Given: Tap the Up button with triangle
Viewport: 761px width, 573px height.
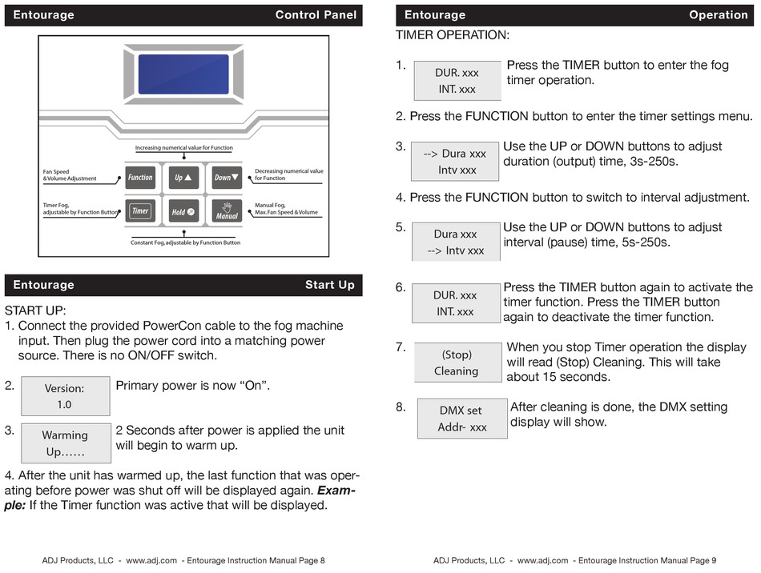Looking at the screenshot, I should click(183, 178).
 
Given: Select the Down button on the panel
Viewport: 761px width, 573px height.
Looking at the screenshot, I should click(227, 178).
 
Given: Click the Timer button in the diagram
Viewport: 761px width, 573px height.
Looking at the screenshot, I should click(140, 211).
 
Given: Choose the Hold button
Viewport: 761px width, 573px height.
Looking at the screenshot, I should click(183, 212).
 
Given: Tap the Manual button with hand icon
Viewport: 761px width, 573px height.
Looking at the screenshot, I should click(227, 211).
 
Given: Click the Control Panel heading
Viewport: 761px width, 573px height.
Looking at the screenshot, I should click(316, 15).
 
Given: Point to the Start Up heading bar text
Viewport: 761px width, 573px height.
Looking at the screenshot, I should click(329, 285).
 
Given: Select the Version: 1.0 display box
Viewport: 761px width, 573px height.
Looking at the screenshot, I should click(64, 396).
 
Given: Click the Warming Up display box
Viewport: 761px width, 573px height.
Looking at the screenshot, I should click(65, 443).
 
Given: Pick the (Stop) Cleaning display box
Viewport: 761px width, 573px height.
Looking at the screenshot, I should click(456, 363).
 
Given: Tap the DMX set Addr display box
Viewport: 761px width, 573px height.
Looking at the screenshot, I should click(461, 419).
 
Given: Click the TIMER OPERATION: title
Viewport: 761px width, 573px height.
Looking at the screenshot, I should click(452, 36).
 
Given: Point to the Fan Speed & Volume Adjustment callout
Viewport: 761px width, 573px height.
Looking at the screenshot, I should click(70, 175).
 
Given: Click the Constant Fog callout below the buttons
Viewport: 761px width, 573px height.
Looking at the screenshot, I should click(185, 242).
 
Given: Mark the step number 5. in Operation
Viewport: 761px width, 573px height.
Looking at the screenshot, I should click(401, 227).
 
